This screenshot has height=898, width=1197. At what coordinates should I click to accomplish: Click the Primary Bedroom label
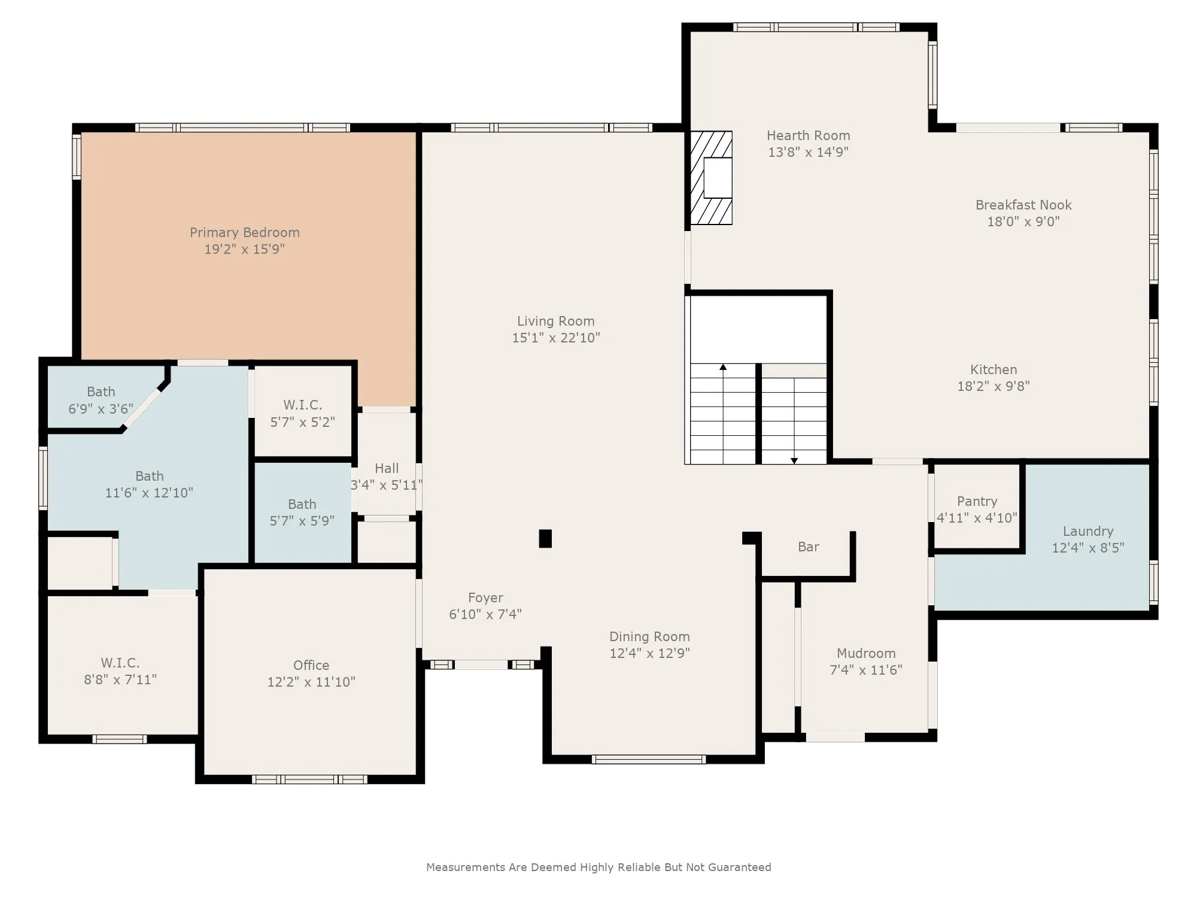[245, 232]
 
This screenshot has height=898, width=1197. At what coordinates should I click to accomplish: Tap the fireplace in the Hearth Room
[711, 178]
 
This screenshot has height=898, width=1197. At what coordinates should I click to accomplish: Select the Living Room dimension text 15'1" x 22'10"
[556, 338]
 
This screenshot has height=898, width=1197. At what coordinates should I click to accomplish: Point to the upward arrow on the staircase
[723, 413]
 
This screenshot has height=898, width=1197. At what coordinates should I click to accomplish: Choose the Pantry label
[977, 502]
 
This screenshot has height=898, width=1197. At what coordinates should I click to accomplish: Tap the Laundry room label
[1088, 531]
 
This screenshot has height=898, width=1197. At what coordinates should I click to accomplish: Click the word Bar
[809, 547]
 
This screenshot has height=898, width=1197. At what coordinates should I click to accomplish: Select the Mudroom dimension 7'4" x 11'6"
[866, 670]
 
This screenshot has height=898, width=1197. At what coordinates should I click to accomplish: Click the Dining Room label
[649, 636]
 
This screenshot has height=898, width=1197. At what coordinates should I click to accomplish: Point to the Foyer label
[485, 597]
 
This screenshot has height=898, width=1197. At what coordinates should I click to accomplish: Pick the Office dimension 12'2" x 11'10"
[311, 682]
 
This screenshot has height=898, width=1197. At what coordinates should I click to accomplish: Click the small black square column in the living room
[545, 538]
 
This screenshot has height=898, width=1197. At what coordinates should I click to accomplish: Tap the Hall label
[387, 468]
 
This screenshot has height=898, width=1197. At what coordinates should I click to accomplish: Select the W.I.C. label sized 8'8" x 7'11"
[120, 663]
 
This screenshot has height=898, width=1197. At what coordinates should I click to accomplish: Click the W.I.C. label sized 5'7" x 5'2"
[303, 405]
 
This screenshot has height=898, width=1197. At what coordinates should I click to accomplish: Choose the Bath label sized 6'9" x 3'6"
[101, 392]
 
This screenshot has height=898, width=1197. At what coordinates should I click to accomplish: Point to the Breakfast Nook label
[1023, 205]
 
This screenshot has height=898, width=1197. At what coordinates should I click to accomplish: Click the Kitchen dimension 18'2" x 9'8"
[994, 386]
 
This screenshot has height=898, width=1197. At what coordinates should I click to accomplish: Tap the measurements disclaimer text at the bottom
[598, 867]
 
